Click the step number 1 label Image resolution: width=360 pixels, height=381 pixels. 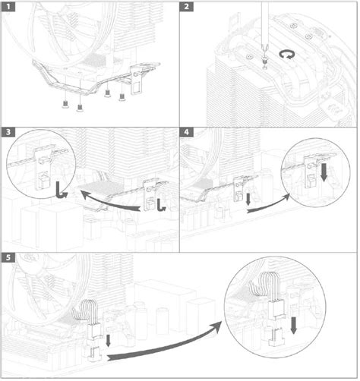[x=9, y=8]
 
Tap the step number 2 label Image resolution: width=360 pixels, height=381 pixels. [x=188, y=8]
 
